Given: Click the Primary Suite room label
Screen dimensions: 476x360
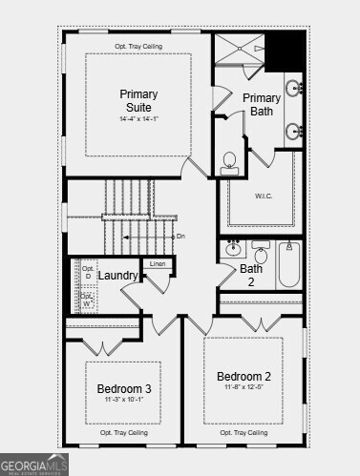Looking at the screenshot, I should pos(138,100).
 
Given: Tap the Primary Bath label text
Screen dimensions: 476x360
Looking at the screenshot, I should pos(262,105).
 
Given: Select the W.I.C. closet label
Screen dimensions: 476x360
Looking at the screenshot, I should pos(265,196).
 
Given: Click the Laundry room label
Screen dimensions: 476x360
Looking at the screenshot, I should pos(118,276).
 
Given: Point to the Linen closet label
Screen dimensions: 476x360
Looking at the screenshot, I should pos(158,263).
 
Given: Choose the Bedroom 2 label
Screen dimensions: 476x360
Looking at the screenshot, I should pos(244,376).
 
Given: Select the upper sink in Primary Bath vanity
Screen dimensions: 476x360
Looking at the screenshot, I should pos(296,90).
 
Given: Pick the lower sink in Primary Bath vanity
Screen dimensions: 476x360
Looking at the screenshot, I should pos(296,131).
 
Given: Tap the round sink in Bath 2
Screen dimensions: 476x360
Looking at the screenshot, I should pos(233,250).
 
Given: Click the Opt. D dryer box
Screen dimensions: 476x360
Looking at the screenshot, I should pos(88,272).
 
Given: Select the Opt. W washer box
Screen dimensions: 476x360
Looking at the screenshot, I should pos(88,300).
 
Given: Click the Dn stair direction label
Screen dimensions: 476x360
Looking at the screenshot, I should pos(180,236).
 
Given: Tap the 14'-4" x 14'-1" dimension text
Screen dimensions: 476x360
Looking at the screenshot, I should pos(138,119).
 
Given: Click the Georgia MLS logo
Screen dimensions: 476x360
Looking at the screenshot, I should pos(34,465).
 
